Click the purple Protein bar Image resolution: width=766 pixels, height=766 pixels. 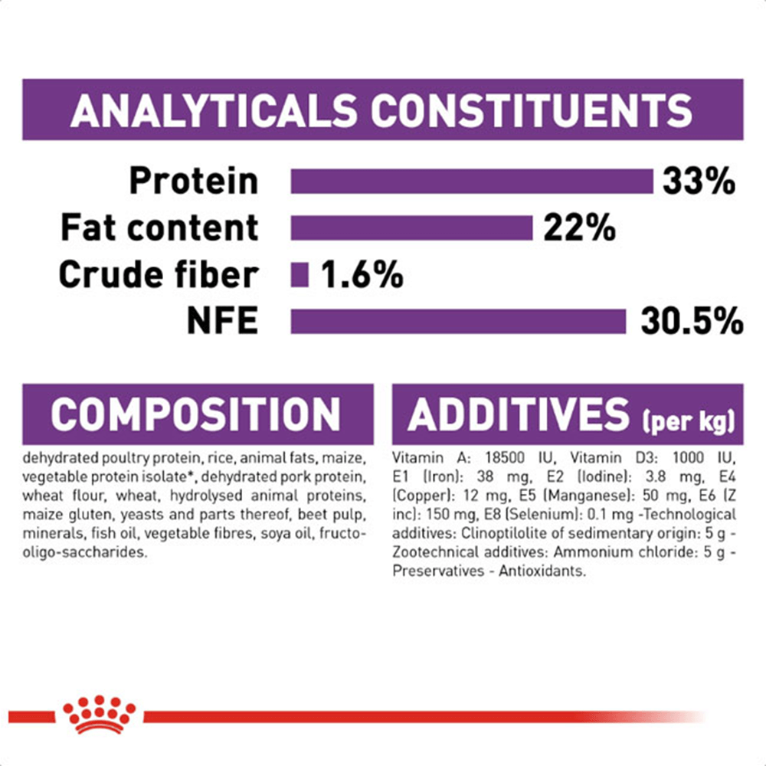(472, 182)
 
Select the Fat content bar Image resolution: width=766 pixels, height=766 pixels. (411, 228)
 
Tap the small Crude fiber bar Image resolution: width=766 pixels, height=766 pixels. (300, 274)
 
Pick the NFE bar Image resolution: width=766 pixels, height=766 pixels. (458, 322)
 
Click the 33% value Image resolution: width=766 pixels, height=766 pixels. (699, 182)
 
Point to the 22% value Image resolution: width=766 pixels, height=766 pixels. (579, 228)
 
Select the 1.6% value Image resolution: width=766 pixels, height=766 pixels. (362, 274)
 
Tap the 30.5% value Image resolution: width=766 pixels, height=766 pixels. (692, 322)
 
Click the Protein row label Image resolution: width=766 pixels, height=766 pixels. (194, 182)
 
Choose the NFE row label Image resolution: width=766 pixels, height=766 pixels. (223, 322)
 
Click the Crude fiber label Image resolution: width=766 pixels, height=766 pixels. (159, 274)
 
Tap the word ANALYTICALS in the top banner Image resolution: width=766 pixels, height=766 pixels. (214, 110)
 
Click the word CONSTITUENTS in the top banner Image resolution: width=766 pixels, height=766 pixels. (532, 110)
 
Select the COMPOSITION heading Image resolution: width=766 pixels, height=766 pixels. (195, 414)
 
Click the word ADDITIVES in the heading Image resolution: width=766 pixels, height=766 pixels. (519, 414)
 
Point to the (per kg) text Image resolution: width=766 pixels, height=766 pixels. (689, 421)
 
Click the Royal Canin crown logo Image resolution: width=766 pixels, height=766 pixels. (99, 714)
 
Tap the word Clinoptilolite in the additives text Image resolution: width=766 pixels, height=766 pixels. (504, 533)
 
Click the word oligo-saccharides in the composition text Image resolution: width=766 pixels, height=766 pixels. (84, 552)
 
